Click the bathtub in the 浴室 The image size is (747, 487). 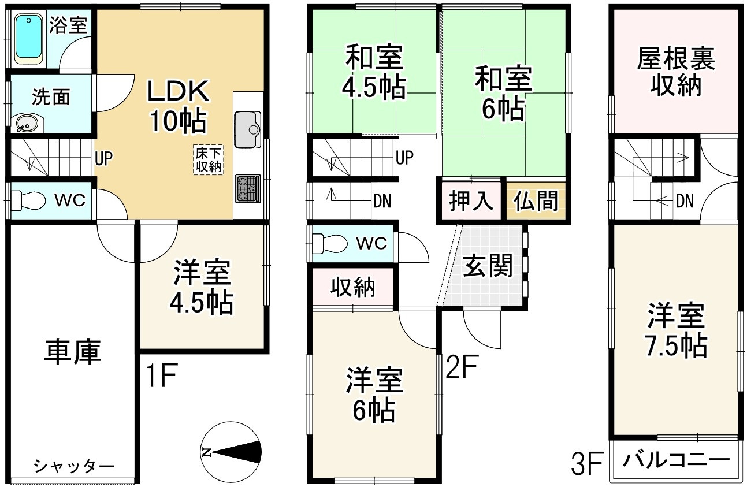(x=30, y=38)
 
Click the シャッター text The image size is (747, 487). (x=73, y=466)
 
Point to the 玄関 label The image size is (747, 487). (x=488, y=267)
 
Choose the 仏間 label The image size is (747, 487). (x=536, y=201)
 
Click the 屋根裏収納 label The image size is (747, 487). (x=676, y=72)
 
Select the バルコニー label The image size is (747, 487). (x=676, y=462)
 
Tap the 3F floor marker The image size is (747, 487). (x=588, y=464)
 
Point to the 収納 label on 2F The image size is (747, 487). (x=352, y=287)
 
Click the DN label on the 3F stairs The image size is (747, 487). (x=685, y=201)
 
